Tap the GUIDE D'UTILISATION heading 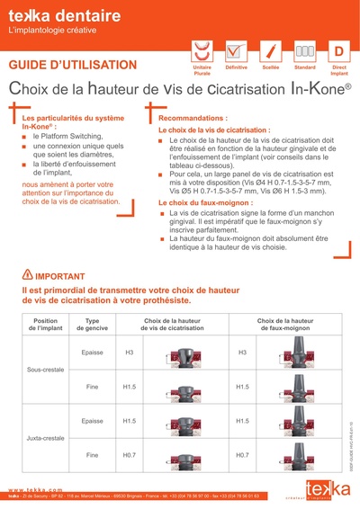[72, 65]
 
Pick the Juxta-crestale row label [46, 438]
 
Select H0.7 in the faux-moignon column [242, 455]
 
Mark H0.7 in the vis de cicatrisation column [129, 455]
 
